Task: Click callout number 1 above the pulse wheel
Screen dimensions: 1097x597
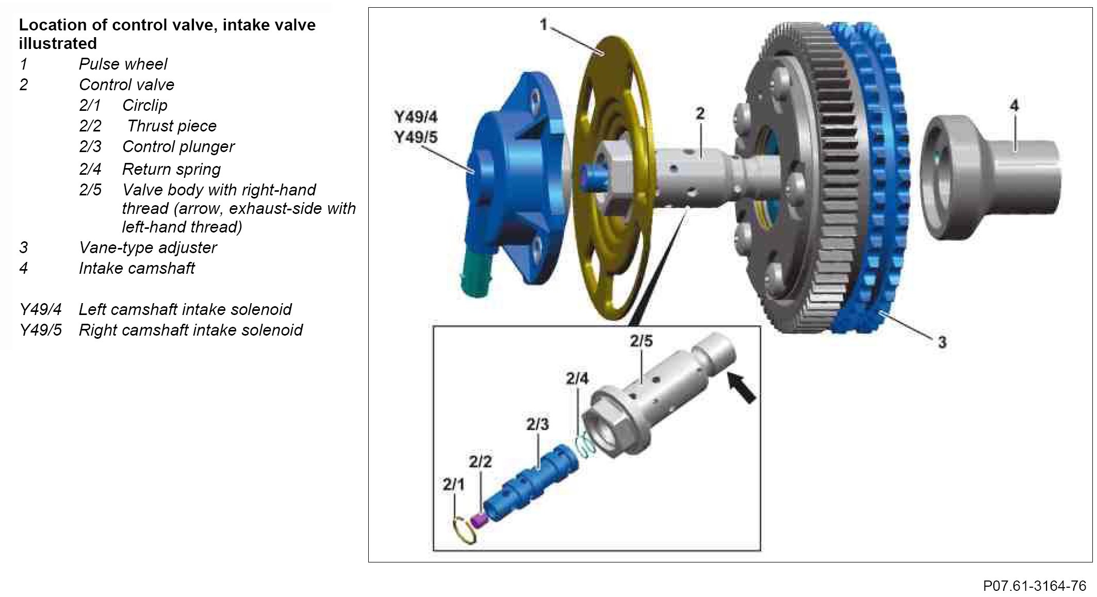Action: pyautogui.click(x=543, y=24)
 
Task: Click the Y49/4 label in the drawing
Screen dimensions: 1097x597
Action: pyautogui.click(x=416, y=117)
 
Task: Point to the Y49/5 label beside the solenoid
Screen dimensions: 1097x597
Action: pyautogui.click(x=416, y=138)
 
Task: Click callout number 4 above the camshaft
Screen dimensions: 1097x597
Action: pyautogui.click(x=1014, y=106)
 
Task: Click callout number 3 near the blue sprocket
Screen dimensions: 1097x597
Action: pyautogui.click(x=942, y=342)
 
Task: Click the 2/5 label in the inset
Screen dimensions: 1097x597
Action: pyautogui.click(x=641, y=341)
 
